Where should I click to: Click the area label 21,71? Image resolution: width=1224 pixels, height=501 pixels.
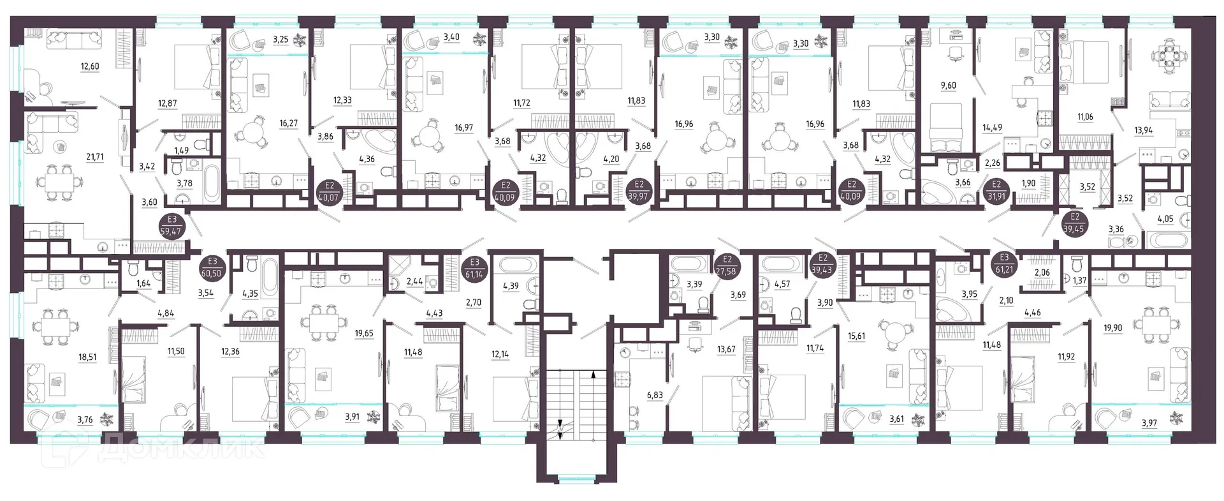(90, 157)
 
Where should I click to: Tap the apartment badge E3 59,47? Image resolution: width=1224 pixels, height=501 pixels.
(173, 227)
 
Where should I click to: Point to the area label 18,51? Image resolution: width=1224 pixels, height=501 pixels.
(87, 357)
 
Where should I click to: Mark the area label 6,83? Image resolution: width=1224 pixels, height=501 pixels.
(655, 396)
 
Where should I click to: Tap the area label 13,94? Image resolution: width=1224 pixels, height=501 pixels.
(1143, 130)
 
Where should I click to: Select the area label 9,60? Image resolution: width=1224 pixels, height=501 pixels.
(949, 86)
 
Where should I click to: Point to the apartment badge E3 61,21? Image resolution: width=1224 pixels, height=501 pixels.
(1004, 265)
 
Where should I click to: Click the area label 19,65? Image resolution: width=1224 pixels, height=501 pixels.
(364, 333)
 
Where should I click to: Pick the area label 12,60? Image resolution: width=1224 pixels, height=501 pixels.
(90, 66)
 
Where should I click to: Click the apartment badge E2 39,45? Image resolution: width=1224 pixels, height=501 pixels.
(1075, 223)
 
